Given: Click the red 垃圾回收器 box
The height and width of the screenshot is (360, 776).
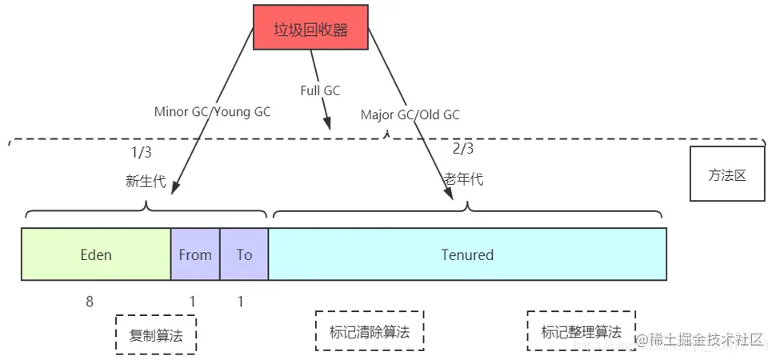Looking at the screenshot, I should pos(310,28).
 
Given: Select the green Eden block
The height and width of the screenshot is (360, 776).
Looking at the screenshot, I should pos(96,254).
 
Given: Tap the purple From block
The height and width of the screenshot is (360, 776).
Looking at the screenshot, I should pos(195,254).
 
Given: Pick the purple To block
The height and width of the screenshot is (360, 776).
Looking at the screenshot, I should pos(244,254).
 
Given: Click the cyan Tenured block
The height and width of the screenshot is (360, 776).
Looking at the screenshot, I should pos(467,254).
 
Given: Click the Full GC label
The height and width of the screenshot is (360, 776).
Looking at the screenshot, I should pos(320,90).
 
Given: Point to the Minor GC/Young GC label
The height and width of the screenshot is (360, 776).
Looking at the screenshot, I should pos(212,112).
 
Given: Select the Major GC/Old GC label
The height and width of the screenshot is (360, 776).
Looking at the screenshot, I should pos(410,114).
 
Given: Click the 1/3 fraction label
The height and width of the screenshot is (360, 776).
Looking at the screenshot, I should pos(141,151).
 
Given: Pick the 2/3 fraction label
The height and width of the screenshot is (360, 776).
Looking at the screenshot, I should pos(463,148).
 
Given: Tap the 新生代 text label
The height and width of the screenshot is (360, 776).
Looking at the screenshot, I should pos(146,182).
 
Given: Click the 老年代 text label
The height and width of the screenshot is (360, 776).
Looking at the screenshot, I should pos(464,179).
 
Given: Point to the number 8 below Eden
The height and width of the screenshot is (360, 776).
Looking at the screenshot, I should pos(90,302).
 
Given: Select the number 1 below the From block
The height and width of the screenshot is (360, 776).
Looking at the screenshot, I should pos(192,302).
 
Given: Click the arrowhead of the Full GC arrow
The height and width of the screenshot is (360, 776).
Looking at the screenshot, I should pos(326,125).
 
